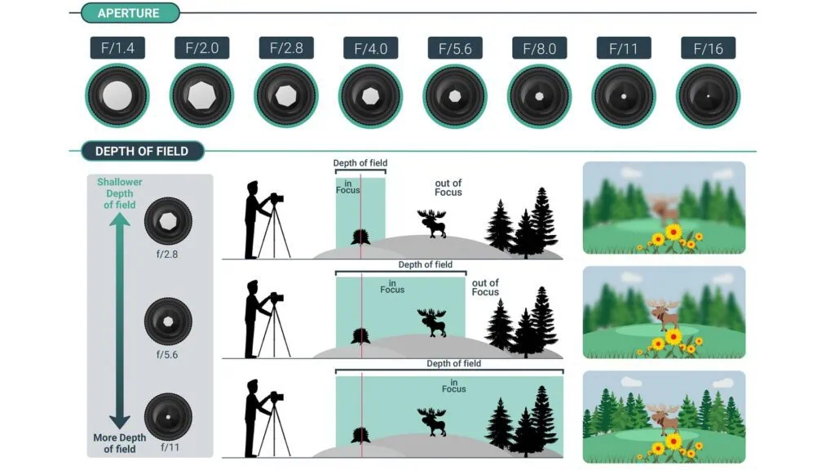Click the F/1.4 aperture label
117,48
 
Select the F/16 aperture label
709,48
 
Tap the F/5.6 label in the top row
455,48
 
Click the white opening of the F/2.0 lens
202,96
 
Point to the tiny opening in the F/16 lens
709,96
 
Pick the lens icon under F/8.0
540,96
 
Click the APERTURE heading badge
130,13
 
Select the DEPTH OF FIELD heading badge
142,151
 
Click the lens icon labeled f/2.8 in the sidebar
168,221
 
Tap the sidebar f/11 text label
170,448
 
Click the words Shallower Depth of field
119,193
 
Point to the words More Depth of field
119,443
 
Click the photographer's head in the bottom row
253,386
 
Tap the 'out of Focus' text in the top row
448,188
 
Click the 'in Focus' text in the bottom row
453,386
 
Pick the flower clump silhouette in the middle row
360,336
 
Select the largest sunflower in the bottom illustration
674,441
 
